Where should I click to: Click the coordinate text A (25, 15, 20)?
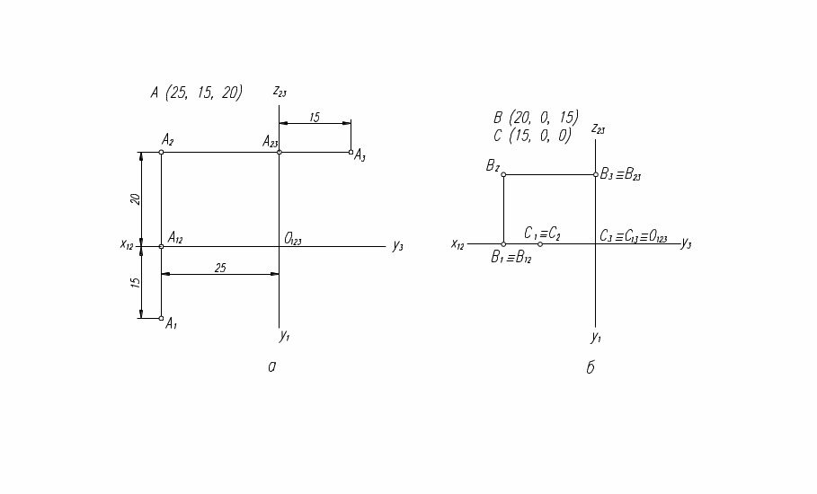pos(196,92)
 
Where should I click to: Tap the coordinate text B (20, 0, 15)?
pos(536,118)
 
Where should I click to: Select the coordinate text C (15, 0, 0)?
pos(532,136)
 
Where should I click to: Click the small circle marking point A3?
pos(351,152)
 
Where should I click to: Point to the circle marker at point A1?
pos(161,318)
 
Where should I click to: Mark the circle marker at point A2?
pos(161,152)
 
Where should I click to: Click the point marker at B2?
pos(503,174)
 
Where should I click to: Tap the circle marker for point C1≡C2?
pos(540,244)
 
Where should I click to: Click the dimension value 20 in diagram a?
pos(135,198)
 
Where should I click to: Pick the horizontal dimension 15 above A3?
pos(314,117)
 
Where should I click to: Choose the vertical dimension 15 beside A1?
pos(135,281)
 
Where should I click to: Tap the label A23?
pos(271,141)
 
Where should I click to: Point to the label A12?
pos(175,238)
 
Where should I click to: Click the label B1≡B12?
pos(511,258)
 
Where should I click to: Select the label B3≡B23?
pos(620,175)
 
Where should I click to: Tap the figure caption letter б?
pos(591,368)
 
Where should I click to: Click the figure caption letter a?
pos(271,366)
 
